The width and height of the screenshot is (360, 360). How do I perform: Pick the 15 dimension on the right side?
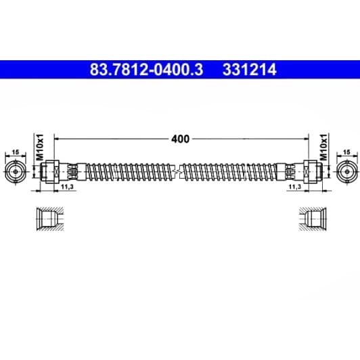tap(346, 153)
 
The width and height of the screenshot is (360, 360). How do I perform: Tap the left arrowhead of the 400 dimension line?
tap(57, 138)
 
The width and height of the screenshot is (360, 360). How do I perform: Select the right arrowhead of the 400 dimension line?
tap(305, 138)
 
